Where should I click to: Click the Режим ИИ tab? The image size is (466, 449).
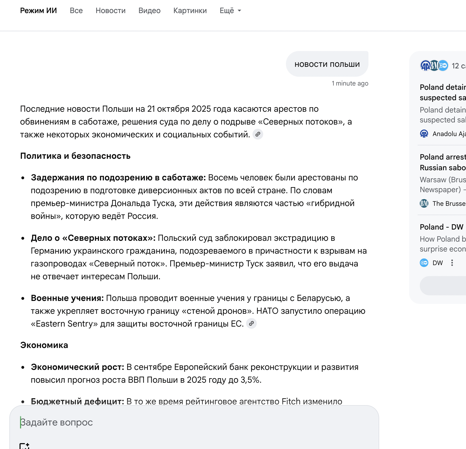[x=38, y=11]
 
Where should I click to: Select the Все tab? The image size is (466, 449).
[x=76, y=11]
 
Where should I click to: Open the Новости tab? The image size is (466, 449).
[x=110, y=11]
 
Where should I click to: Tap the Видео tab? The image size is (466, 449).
[x=149, y=11]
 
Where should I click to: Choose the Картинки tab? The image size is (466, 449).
[x=190, y=11]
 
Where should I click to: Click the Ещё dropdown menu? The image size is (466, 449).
[x=230, y=11]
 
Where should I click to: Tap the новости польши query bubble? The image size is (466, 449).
[x=327, y=64]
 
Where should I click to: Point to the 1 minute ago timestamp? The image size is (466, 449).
[x=350, y=83]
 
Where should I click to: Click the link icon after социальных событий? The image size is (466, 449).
[x=258, y=134]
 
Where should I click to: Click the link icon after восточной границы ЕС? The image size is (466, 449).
[x=251, y=324]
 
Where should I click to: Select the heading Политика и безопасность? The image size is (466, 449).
[x=75, y=156]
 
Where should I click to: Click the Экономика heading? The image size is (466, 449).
[x=44, y=345]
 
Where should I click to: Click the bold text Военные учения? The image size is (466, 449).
[x=67, y=298]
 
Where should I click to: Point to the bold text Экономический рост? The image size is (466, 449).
[x=77, y=367]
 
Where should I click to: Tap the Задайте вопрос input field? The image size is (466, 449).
[x=187, y=422]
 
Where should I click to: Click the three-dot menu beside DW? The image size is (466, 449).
[x=452, y=263]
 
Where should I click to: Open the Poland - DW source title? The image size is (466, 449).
[x=441, y=227]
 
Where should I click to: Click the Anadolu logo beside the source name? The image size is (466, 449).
[x=424, y=134]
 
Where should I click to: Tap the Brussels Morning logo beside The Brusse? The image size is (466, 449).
[x=424, y=204]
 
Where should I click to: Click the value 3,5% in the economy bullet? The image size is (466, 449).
[x=250, y=380]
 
